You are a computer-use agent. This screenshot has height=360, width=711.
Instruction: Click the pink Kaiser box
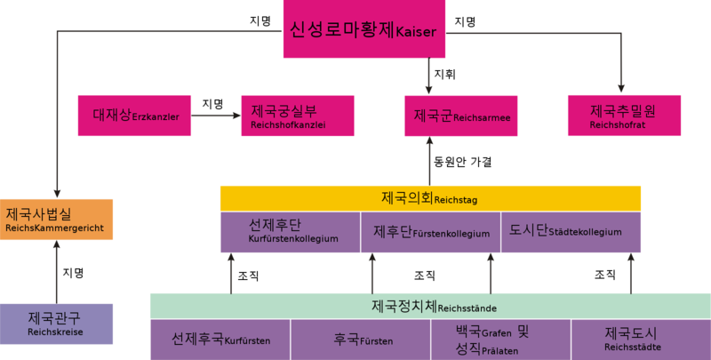pos(364,28)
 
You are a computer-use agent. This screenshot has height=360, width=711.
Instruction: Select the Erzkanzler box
pos(134,116)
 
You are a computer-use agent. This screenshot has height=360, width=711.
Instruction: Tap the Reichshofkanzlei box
pos(298,116)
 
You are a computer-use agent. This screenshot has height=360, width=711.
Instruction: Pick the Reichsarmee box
pos(461,116)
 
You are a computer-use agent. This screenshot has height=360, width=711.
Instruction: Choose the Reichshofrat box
pos(625,116)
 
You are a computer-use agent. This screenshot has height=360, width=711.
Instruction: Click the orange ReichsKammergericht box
pos(56,220)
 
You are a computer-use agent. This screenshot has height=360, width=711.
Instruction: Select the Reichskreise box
pos(56,324)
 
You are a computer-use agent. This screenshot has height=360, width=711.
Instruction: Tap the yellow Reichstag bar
pos(430,198)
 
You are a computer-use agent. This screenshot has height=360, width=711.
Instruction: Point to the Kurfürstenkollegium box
pos(291,232)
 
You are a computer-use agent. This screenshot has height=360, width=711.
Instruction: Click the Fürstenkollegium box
pos(431,232)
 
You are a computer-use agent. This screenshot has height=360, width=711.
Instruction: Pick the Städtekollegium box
pos(571,232)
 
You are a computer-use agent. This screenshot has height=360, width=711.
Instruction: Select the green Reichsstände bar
pos(430,306)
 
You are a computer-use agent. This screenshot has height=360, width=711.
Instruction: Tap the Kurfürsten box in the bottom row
pos(220,340)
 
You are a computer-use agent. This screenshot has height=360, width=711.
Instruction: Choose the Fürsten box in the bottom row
pos(361,340)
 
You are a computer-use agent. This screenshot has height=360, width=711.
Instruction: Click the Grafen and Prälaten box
pos(500,340)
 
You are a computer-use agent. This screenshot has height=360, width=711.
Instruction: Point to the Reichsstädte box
pos(641,340)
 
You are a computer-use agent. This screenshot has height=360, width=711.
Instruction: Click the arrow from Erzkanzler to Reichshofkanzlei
pos(216,116)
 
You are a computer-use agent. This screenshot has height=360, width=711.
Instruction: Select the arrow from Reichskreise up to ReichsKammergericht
pos(57,272)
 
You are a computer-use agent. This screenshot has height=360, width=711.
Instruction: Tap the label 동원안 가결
pos(462,162)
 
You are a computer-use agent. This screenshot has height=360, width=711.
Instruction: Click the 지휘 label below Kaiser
pos(445,74)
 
